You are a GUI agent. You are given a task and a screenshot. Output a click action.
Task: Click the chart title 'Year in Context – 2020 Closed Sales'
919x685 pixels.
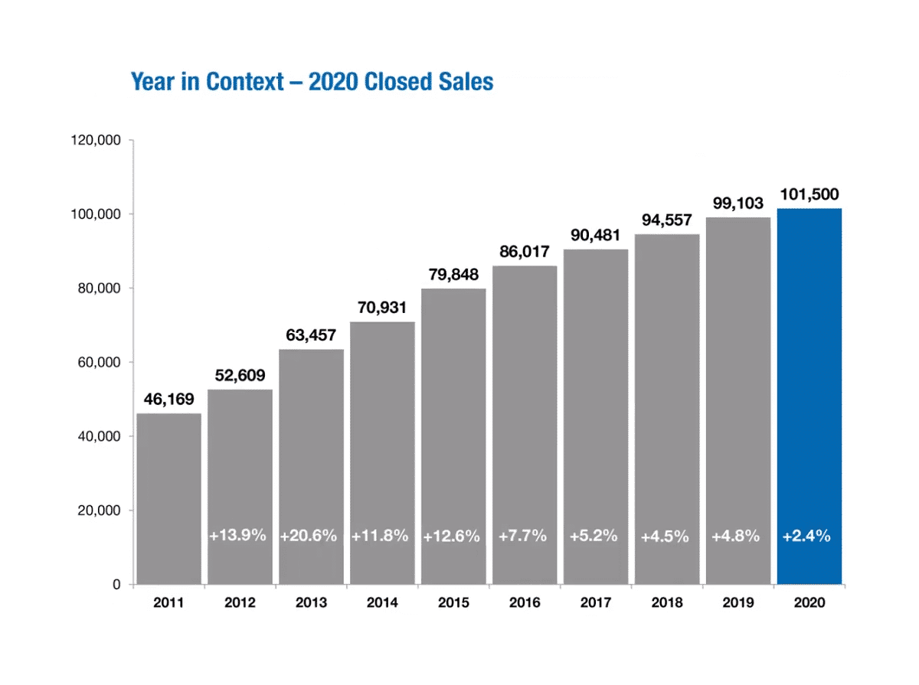[x=312, y=81]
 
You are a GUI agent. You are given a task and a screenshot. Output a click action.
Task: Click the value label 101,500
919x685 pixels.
[x=810, y=194]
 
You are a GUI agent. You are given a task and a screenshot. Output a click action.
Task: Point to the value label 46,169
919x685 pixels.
[x=168, y=400]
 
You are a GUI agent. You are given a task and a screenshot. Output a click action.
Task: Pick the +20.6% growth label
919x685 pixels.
[x=309, y=536]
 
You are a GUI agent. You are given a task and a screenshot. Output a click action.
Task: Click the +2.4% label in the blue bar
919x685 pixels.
[x=806, y=536]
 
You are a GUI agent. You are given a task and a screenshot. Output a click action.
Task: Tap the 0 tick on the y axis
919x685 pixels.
[x=116, y=585]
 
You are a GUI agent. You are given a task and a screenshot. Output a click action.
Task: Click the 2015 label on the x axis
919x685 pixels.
[x=453, y=603]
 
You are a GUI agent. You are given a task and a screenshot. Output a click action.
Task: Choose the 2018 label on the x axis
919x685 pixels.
[x=667, y=603]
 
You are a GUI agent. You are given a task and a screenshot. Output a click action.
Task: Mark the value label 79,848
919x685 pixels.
[x=453, y=275]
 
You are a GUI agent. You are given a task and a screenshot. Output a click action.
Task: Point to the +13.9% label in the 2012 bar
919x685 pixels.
[x=238, y=536]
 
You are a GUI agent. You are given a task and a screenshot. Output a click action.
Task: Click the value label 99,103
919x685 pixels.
[x=738, y=204]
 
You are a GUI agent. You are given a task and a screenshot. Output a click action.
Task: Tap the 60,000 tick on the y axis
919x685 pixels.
[x=98, y=363]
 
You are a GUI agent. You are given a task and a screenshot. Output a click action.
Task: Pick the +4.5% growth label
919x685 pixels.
[x=665, y=536]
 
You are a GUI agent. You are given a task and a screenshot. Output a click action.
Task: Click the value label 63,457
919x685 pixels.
[x=311, y=335]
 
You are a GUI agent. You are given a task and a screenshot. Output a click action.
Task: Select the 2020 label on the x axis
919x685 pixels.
[x=809, y=603]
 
